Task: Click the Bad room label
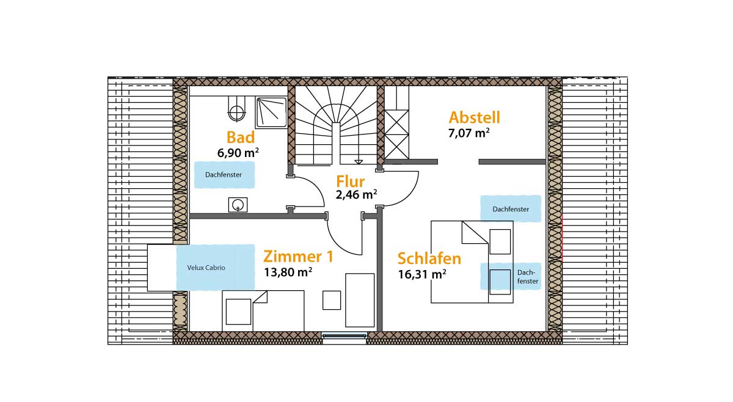coord(241,137)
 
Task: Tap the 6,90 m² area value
coord(238,153)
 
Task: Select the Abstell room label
coord(474,117)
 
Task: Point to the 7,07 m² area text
coord(469,133)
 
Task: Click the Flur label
coord(350,181)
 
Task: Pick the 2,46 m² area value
coord(356,194)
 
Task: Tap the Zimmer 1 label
coord(298,257)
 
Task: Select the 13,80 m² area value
coord(288,272)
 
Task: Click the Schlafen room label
coord(429,258)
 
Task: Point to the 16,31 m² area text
coord(422,274)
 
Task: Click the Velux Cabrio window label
coord(206,268)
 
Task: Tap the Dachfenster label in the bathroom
coord(224,175)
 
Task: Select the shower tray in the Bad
coord(271,112)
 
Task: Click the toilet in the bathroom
coord(236,109)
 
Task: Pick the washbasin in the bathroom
coord(238,205)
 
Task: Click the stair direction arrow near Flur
coord(359,162)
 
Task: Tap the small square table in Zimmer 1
coord(332,300)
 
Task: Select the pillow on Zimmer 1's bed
coord(239,312)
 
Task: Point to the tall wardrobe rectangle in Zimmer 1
coord(360,300)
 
